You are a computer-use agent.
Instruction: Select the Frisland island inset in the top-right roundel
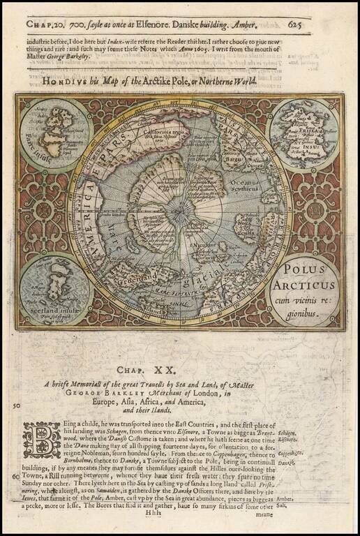[303, 133]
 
